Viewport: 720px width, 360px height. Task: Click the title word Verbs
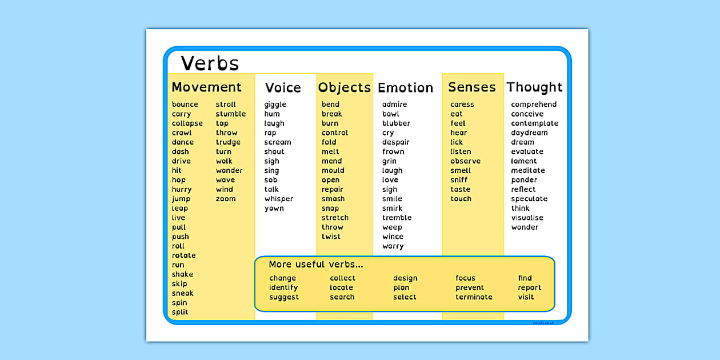[210, 63]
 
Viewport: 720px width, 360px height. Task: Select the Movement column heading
[206, 87]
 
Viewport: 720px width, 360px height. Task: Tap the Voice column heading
[283, 87]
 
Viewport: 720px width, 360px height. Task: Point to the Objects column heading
[345, 87]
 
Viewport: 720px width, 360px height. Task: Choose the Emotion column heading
[406, 87]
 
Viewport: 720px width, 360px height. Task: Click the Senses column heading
[472, 87]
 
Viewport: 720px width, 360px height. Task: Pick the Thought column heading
[534, 87]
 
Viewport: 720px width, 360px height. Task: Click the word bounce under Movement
[185, 105]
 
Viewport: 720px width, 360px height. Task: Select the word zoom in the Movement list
[226, 199]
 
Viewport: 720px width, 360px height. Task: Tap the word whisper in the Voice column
[279, 199]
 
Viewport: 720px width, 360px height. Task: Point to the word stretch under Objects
[335, 218]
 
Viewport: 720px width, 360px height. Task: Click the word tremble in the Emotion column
[397, 218]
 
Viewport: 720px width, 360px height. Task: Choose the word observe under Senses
[466, 161]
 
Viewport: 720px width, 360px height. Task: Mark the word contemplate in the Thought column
[535, 123]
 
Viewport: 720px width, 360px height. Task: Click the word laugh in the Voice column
[274, 123]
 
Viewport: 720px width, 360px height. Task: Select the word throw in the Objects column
[333, 227]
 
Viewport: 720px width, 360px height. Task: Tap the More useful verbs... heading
[316, 265]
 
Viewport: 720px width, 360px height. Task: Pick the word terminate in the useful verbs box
[474, 297]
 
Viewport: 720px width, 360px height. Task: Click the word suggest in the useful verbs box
[284, 297]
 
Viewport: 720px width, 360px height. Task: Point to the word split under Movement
[180, 312]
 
